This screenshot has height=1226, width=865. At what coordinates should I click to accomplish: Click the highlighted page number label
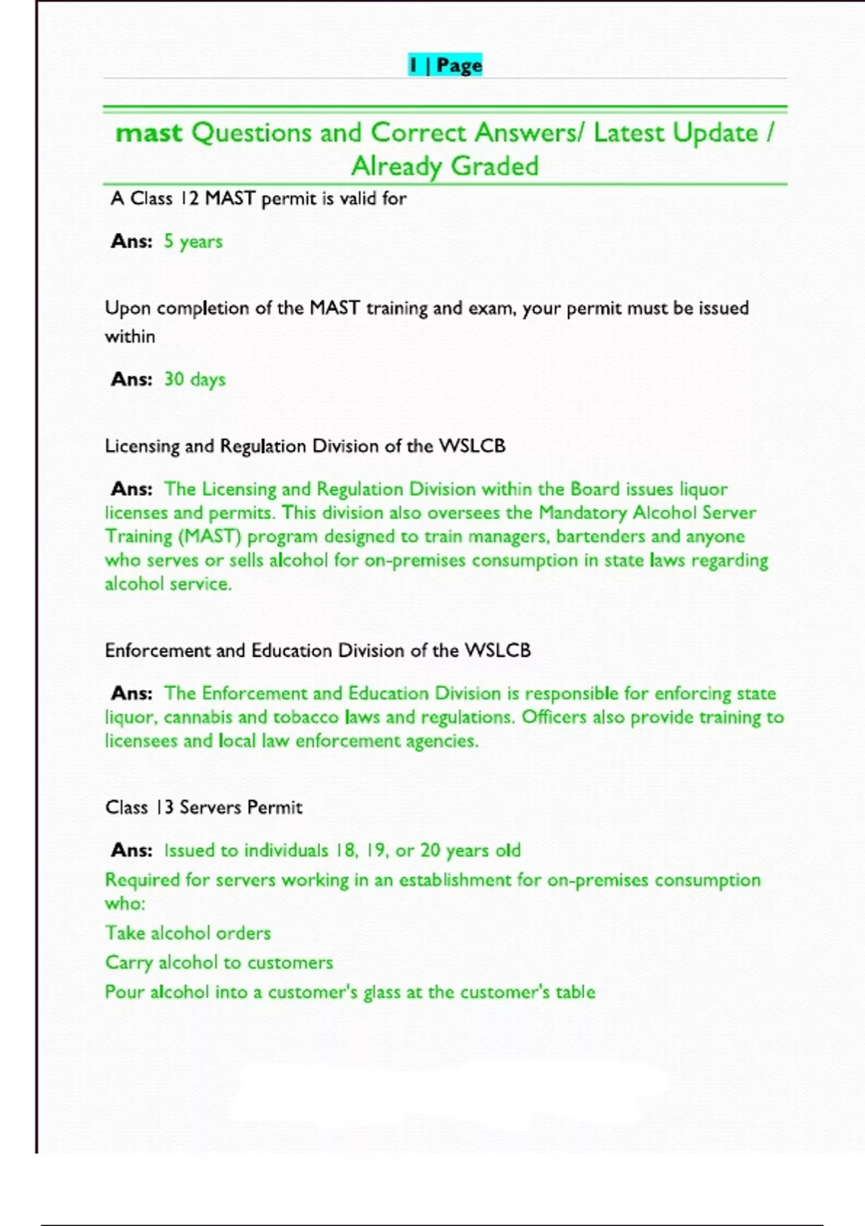click(x=445, y=66)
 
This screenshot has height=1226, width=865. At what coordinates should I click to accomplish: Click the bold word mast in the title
click(x=149, y=133)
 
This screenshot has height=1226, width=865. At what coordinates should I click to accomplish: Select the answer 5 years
click(x=193, y=242)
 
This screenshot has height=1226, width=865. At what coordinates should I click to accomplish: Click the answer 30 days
click(x=195, y=379)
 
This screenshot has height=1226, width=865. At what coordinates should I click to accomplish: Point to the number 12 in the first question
click(x=189, y=198)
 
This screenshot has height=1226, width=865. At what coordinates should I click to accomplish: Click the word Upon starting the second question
click(x=128, y=309)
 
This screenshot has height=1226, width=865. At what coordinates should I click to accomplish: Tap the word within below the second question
click(x=130, y=337)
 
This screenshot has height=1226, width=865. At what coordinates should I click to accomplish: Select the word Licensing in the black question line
click(x=142, y=446)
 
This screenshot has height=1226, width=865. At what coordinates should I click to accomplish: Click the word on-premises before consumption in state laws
click(x=415, y=560)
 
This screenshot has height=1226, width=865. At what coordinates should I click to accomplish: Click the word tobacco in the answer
click(x=306, y=718)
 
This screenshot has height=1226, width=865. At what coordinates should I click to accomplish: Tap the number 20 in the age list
click(x=430, y=850)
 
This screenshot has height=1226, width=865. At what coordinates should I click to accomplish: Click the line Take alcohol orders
click(x=188, y=933)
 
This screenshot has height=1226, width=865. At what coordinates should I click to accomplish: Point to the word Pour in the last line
click(x=125, y=992)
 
